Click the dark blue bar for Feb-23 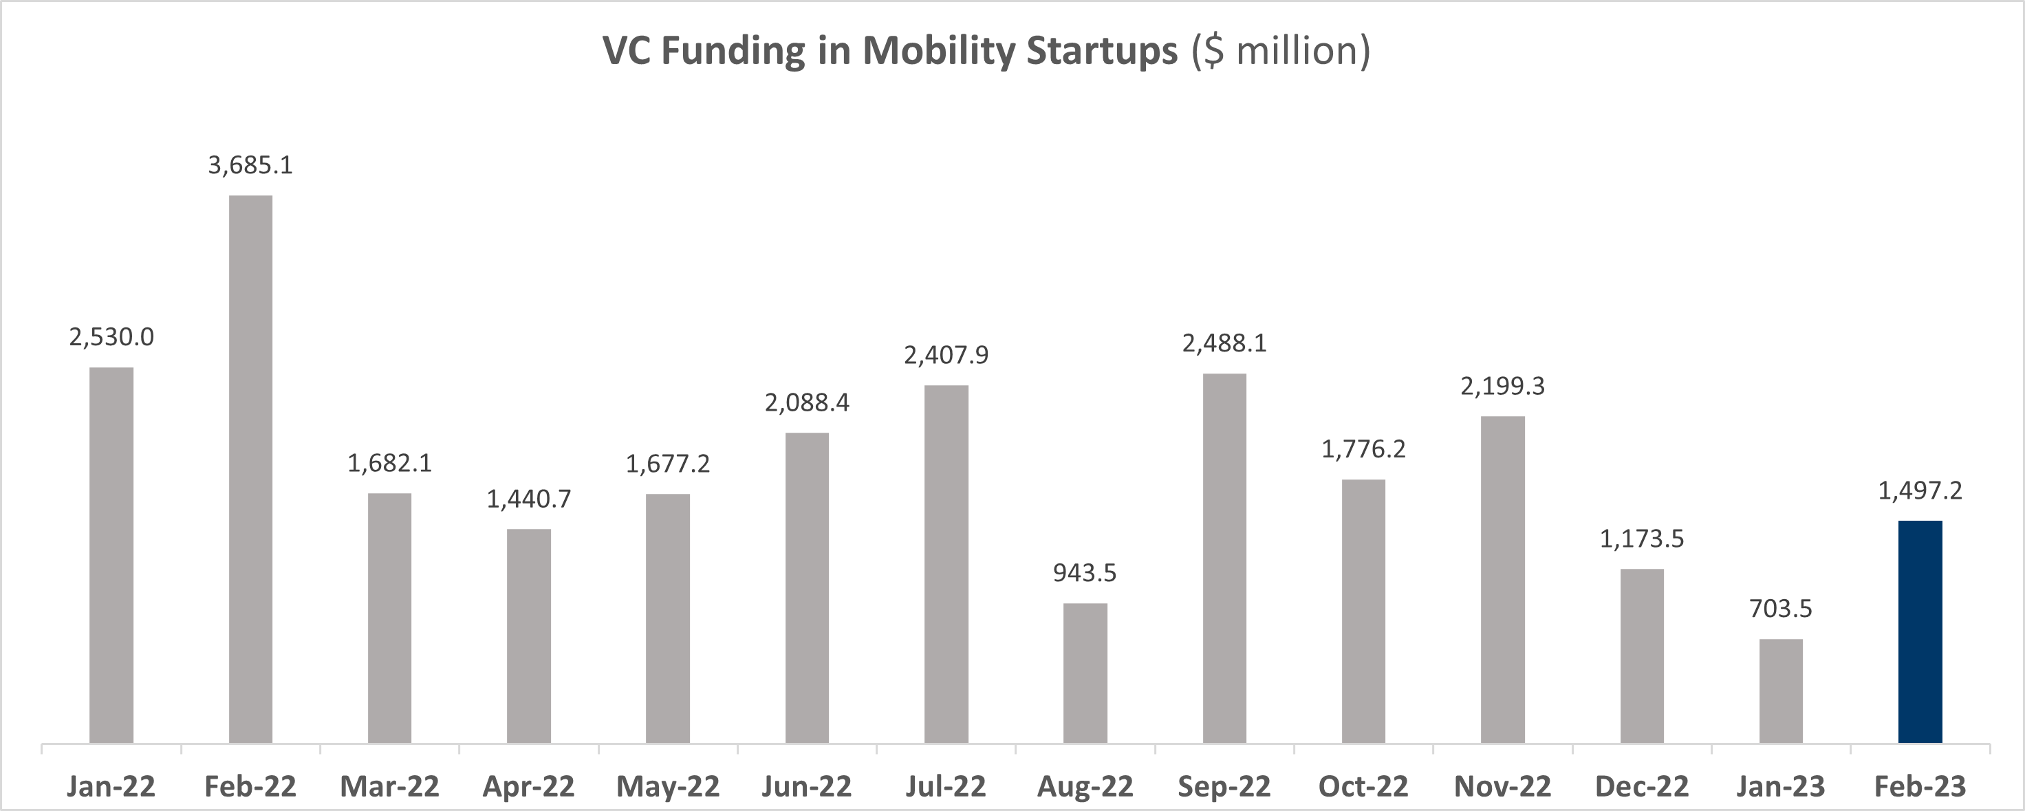(x=1920, y=632)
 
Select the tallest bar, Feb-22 (x=251, y=469)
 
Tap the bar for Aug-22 (x=1085, y=673)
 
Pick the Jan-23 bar (x=1781, y=691)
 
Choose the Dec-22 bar (x=1641, y=656)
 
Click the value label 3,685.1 (x=250, y=165)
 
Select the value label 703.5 (x=1781, y=609)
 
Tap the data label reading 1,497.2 (x=1920, y=491)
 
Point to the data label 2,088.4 (x=807, y=403)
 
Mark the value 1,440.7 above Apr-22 (x=528, y=499)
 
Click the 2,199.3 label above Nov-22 (x=1502, y=387)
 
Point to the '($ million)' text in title (x=1281, y=51)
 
